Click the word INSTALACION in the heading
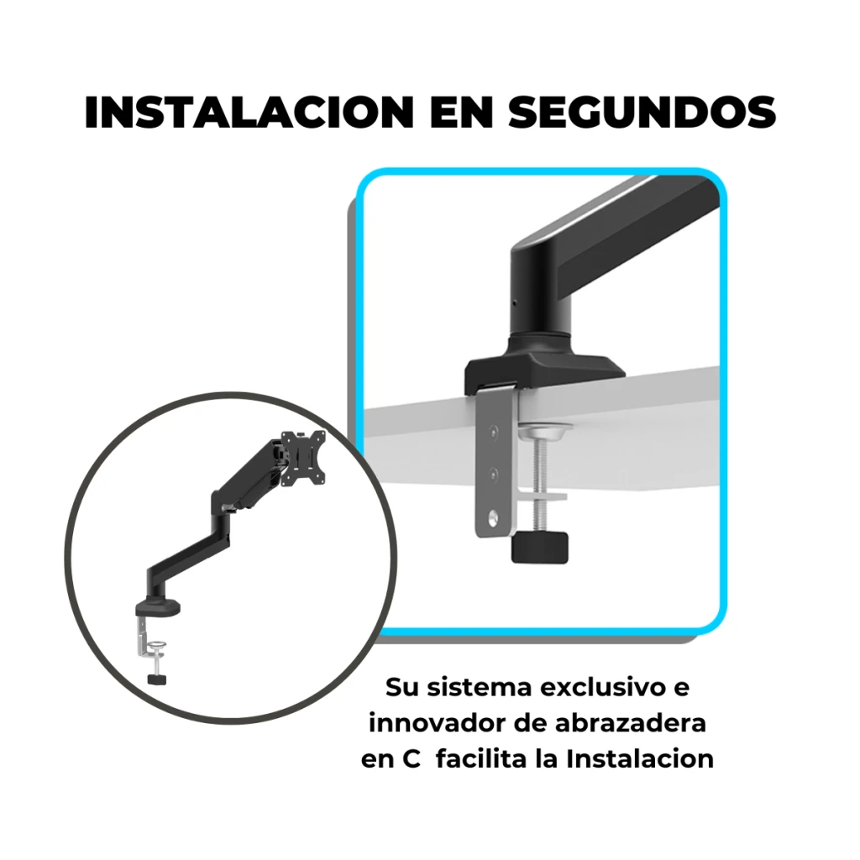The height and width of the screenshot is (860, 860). coord(249,113)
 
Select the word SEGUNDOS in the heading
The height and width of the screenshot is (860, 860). coord(641,113)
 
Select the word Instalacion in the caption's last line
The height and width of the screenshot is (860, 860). coord(640,759)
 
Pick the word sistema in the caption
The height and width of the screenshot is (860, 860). coord(480,687)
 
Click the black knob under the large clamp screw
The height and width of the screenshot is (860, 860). coord(540,548)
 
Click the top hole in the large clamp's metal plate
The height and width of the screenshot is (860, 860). coord(493,432)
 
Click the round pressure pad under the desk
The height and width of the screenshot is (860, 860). coord(545,431)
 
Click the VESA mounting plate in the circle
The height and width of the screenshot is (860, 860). coord(302,458)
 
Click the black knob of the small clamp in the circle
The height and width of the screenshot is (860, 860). coord(157,679)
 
